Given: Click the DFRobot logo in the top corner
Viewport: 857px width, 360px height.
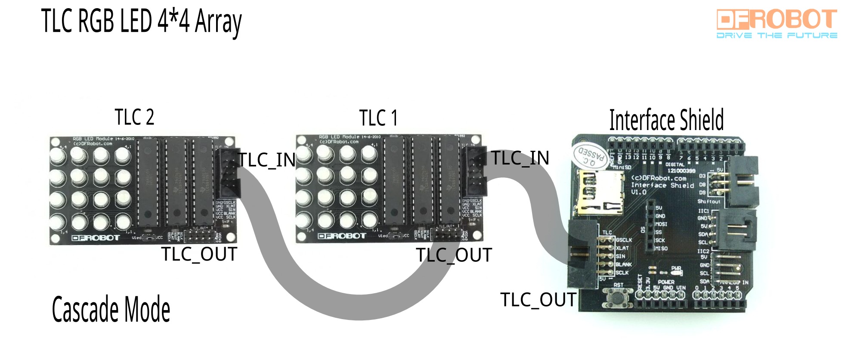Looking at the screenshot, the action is click(777, 20).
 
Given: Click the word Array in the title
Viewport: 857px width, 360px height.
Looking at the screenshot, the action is click(218, 22).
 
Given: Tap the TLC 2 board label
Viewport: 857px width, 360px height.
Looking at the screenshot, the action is click(134, 117).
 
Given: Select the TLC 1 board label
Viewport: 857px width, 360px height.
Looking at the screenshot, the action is click(378, 118).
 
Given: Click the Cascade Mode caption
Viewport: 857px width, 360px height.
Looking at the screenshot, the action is click(111, 309).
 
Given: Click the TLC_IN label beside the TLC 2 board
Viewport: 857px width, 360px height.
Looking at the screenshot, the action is click(267, 160).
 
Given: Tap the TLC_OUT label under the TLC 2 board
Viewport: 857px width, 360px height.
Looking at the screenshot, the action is click(199, 254).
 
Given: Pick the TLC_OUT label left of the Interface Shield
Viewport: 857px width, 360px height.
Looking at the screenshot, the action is click(538, 300).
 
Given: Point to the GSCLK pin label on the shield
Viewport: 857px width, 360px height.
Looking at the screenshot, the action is click(624, 240).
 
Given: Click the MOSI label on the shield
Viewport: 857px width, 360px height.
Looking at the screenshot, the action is click(661, 224).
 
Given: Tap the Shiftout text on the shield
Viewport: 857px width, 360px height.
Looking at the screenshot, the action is click(708, 201).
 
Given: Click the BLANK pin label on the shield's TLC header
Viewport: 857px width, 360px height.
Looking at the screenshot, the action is click(624, 264).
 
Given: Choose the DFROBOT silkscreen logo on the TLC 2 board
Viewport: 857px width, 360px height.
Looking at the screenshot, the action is click(96, 238).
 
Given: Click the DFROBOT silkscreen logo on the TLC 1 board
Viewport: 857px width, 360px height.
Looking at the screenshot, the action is click(342, 236).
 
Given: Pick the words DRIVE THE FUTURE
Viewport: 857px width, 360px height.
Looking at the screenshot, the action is click(777, 35).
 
